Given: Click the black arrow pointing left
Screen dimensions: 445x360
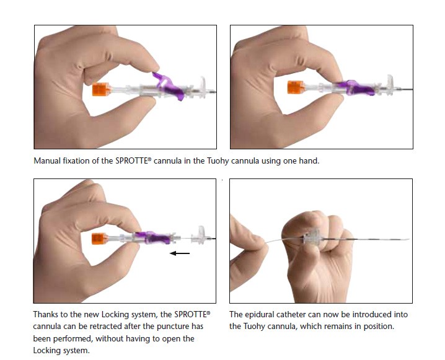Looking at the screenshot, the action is coord(180,253).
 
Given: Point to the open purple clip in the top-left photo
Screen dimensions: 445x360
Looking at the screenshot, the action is coord(169,86).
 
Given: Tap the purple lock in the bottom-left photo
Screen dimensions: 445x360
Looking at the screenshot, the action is coord(153,237).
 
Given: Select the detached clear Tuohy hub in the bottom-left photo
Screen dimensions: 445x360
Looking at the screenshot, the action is coord(200,235).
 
